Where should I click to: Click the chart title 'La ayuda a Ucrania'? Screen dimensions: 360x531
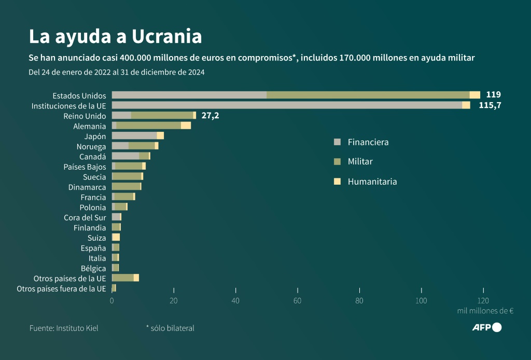[x=115, y=36]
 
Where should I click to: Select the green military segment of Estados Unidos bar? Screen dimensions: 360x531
[x=368, y=95]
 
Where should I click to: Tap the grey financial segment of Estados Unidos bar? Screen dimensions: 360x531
[x=189, y=95]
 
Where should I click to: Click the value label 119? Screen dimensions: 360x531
[x=493, y=95]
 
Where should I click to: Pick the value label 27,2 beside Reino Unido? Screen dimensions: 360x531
[x=210, y=116]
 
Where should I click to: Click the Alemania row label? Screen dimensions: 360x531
[x=90, y=126]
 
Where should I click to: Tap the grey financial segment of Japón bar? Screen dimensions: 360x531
[x=134, y=136]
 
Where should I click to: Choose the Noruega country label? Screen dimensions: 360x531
[x=91, y=146]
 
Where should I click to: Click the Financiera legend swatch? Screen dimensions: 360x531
[x=338, y=142]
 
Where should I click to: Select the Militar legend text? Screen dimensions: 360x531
[x=360, y=161]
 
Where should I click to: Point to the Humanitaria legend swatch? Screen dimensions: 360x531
[x=338, y=182]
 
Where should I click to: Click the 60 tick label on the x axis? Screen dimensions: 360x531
[x=297, y=301]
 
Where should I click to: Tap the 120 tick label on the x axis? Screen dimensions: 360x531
[x=483, y=301]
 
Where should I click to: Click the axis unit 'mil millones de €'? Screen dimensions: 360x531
[x=485, y=311]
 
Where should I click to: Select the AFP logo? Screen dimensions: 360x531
[x=486, y=327]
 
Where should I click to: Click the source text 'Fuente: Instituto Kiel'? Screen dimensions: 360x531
[x=64, y=328]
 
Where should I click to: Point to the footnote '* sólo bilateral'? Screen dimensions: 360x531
[x=170, y=328]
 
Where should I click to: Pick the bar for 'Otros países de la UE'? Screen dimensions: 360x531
[x=125, y=278]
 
